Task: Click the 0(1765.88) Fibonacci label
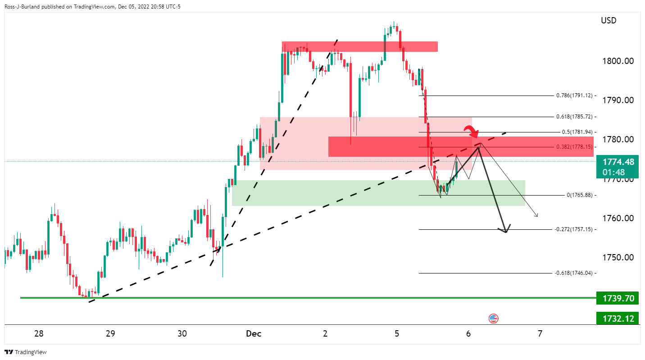click(579, 195)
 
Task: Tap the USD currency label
click(609, 21)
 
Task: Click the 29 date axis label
click(110, 334)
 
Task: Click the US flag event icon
click(493, 319)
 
